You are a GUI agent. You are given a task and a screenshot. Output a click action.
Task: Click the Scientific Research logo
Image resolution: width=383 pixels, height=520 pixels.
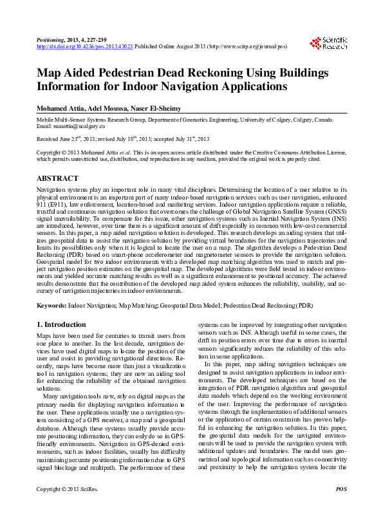[329, 43]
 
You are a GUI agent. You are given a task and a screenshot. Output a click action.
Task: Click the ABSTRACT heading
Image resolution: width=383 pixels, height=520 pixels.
[58, 178]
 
